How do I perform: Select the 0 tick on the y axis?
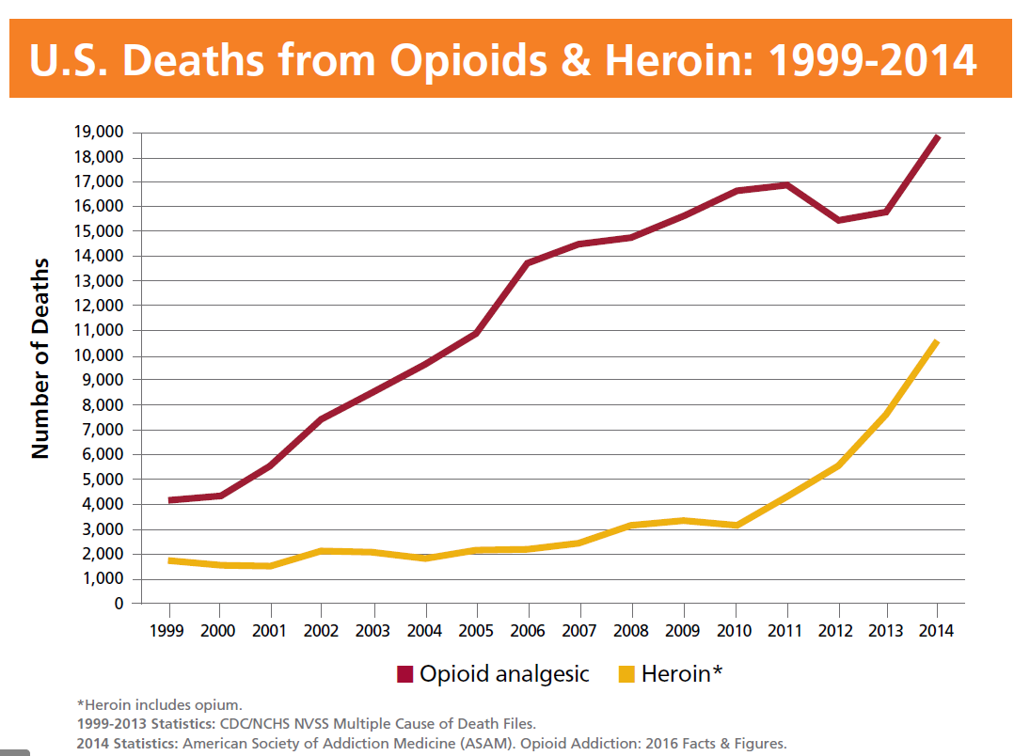119,604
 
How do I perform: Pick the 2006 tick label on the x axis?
528,630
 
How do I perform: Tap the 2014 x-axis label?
937,630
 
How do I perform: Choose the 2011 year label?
784,630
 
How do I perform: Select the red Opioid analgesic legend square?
405,673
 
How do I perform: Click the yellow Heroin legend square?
627,673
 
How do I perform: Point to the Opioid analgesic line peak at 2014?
937,137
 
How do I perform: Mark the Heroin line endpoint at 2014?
937,341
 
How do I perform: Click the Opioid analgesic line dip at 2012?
837,220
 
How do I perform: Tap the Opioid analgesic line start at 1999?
170,500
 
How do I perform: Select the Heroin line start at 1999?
170,560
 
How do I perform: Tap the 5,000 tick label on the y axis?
97,480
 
